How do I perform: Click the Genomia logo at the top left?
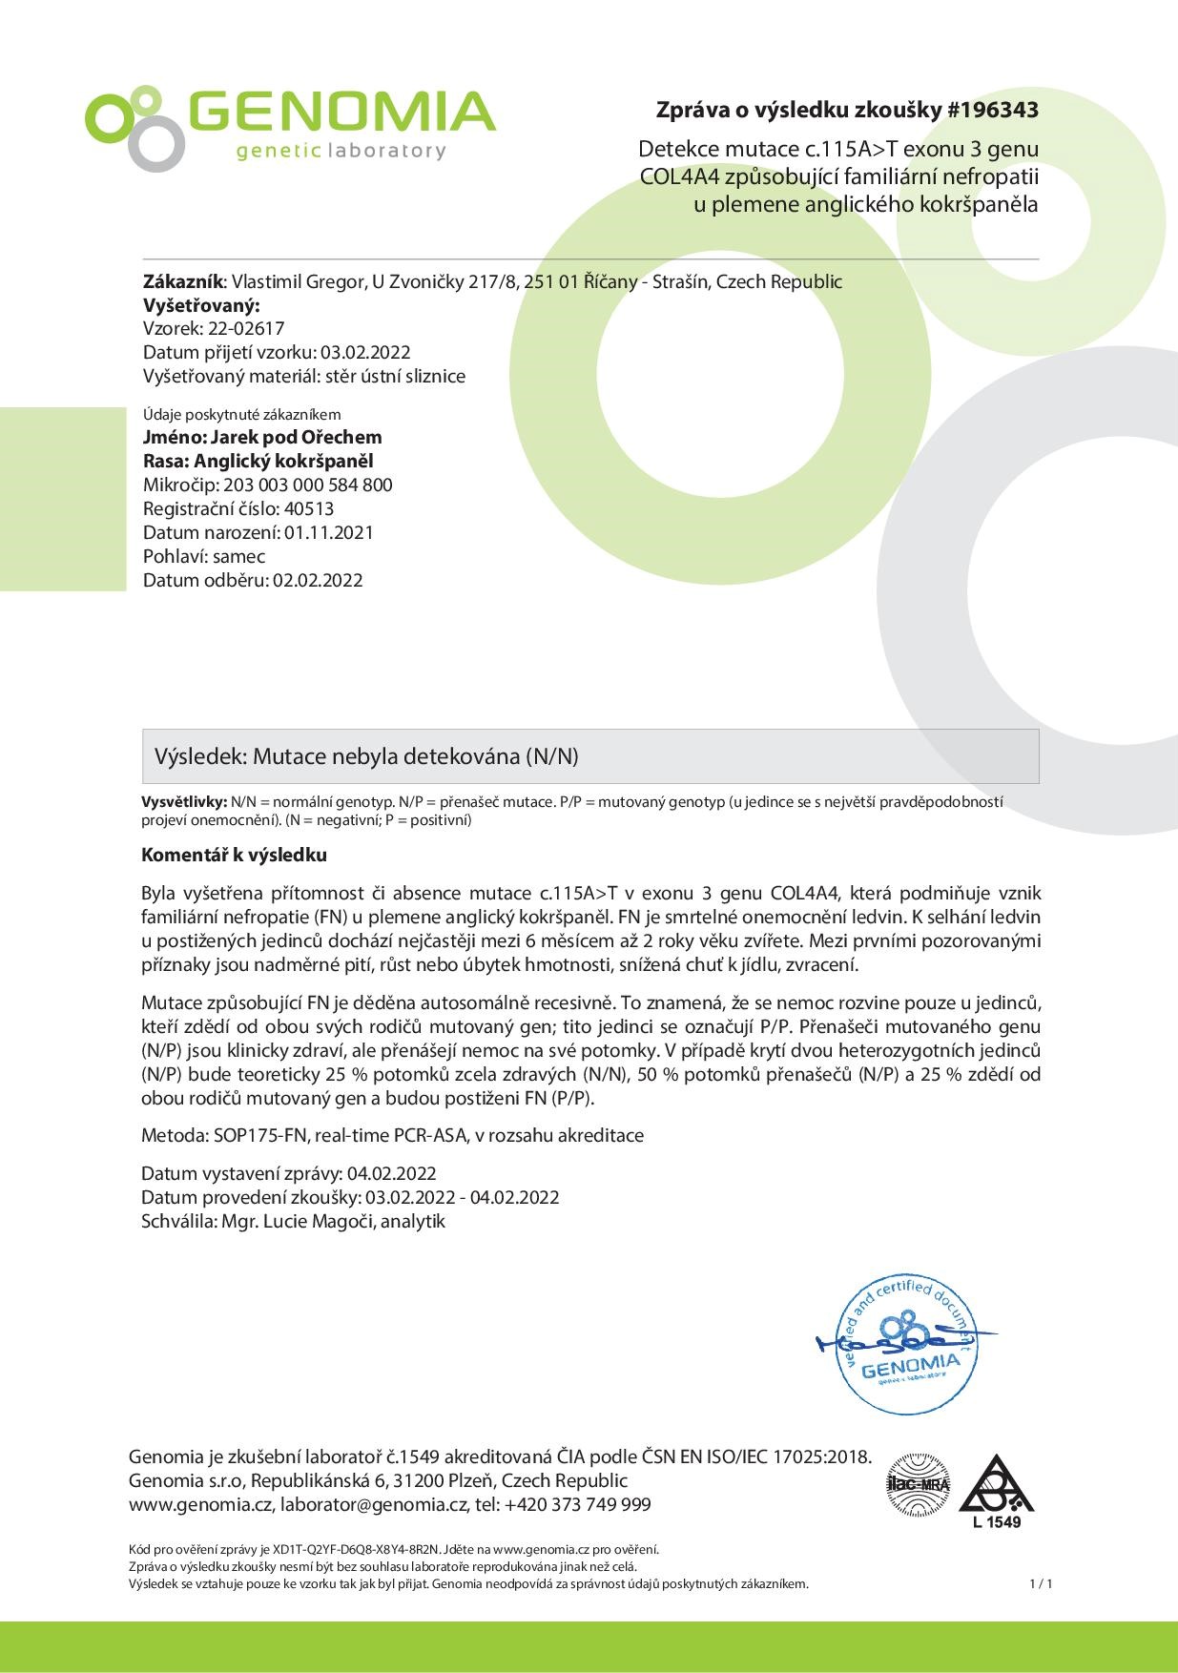[x=290, y=126]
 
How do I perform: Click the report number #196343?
[x=992, y=111]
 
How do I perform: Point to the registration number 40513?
[x=309, y=508]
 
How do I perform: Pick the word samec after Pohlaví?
[x=239, y=556]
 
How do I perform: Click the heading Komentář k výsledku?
[x=234, y=855]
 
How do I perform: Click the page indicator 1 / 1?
[x=1041, y=1584]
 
